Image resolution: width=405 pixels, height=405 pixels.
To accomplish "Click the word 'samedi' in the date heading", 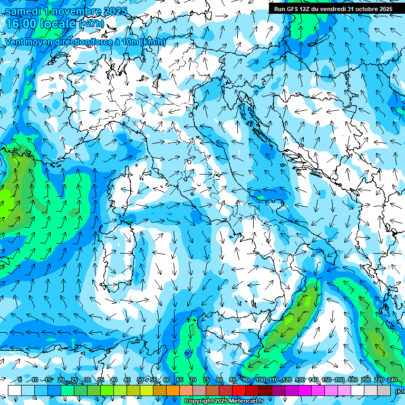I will [23, 11].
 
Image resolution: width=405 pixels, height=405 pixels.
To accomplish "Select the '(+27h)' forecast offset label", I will [91, 24].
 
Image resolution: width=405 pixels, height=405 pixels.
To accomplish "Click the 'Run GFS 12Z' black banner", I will [333, 9].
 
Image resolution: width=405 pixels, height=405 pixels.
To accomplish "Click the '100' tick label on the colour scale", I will [261, 380].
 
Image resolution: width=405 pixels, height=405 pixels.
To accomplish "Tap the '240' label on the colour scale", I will [392, 380].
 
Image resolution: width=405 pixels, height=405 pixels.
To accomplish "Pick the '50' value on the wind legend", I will [140, 380].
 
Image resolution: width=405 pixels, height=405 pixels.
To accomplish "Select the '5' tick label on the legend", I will [20, 380].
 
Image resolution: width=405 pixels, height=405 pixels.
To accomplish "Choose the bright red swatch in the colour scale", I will [239, 390].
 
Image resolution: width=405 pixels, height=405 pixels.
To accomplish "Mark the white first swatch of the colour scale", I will [15, 390].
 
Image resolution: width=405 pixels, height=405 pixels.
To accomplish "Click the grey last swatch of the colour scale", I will [384, 390].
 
